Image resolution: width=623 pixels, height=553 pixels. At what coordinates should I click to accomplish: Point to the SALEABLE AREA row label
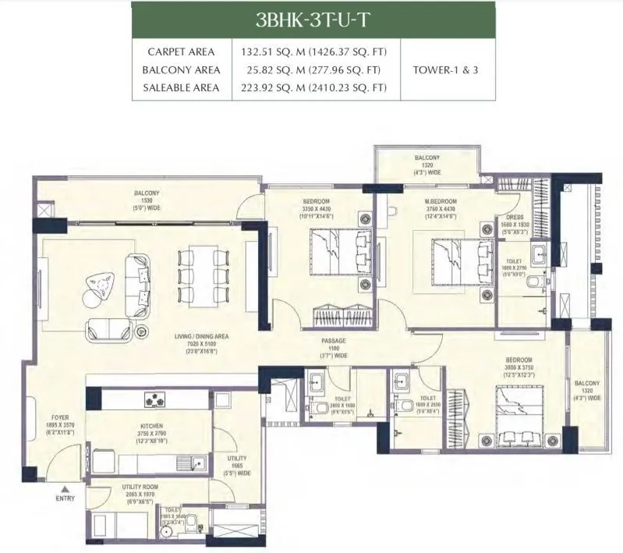(x=181, y=87)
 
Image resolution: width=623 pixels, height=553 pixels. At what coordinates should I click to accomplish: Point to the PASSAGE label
(x=334, y=341)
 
